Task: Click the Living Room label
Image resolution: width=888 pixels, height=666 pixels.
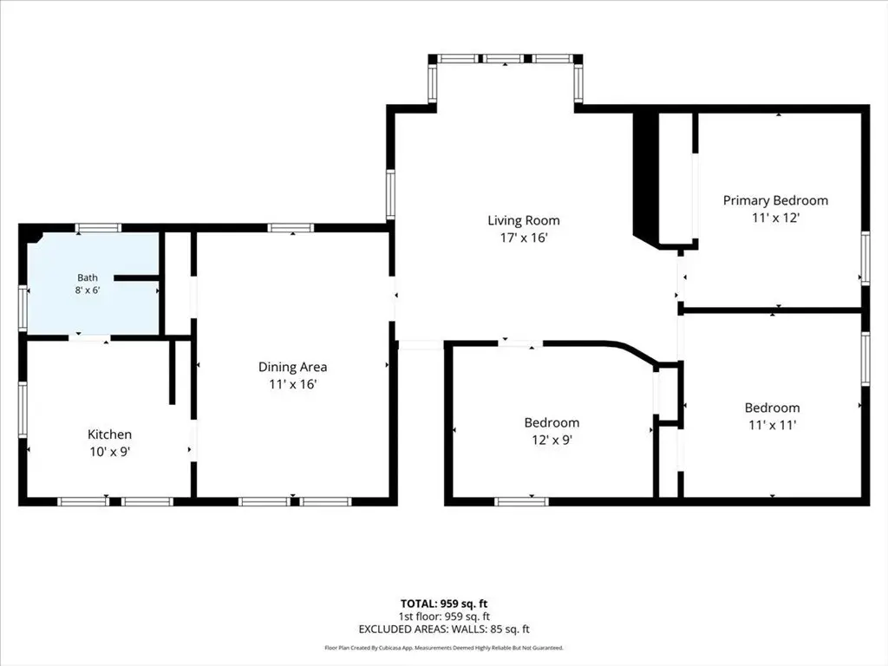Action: tap(523, 220)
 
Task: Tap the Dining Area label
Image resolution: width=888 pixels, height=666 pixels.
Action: tap(293, 367)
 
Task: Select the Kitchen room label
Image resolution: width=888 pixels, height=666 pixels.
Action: tap(109, 434)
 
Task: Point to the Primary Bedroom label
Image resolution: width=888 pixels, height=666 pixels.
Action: tap(775, 200)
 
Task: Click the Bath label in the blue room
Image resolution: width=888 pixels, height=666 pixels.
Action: tap(88, 277)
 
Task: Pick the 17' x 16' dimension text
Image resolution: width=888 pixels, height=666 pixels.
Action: tap(523, 238)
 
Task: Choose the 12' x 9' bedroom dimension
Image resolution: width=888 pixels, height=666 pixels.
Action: tap(552, 440)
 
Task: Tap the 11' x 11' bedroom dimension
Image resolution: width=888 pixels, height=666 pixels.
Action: tap(773, 425)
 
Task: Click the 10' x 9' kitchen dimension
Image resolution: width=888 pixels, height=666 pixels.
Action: tap(109, 452)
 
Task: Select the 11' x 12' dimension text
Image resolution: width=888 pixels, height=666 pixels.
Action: tap(775, 218)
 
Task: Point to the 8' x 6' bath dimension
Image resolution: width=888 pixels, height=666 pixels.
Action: tap(88, 291)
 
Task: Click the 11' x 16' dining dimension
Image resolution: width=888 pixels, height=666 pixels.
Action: tap(293, 384)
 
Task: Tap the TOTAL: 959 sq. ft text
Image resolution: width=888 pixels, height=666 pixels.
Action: tap(444, 604)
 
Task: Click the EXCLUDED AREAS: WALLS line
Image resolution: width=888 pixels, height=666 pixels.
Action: tap(444, 630)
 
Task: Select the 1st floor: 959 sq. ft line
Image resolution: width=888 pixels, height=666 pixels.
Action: tap(444, 617)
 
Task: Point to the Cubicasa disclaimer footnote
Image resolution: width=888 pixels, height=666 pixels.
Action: tap(444, 648)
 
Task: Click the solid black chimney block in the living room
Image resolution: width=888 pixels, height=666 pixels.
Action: tap(645, 179)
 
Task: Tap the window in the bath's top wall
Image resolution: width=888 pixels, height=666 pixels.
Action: tap(99, 228)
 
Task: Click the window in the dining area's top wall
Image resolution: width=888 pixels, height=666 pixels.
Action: tap(291, 228)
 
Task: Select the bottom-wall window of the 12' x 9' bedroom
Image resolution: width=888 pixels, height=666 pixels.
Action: tap(521, 502)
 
